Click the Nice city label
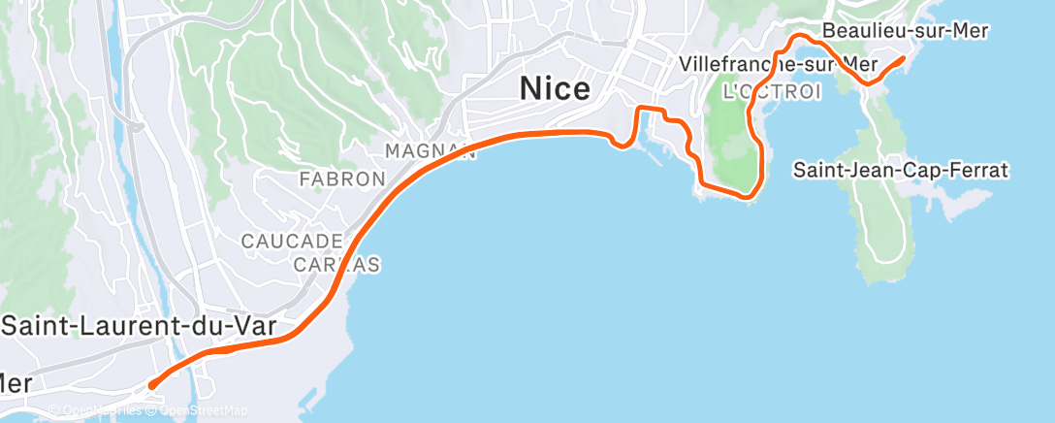point(555,89)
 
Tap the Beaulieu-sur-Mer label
point(905,31)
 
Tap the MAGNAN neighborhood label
point(430,151)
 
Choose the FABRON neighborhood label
point(342,179)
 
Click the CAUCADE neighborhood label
point(292,241)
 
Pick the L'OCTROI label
point(772,92)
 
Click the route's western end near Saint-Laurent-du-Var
point(151,386)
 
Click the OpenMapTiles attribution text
point(96,411)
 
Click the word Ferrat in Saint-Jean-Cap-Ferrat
point(978,171)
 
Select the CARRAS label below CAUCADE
point(336,265)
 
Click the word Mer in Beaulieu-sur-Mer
point(967,31)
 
